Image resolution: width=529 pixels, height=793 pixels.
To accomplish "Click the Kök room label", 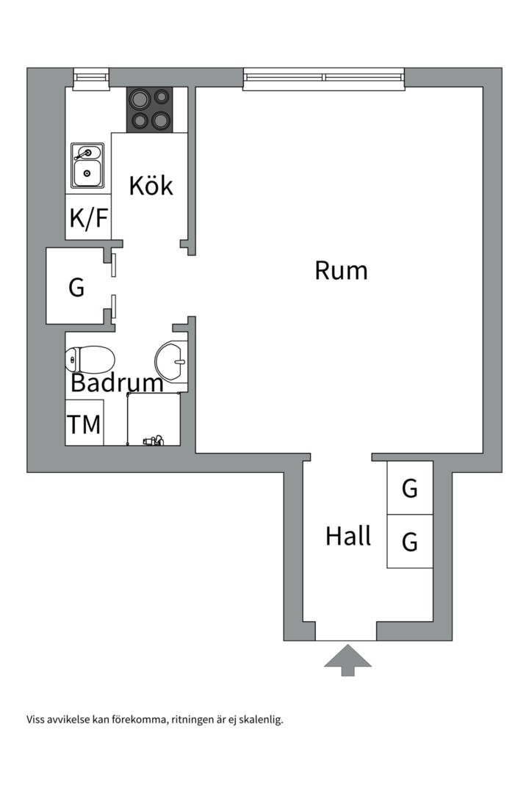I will pos(151,185).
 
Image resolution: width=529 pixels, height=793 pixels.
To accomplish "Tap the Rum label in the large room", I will pos(341,270).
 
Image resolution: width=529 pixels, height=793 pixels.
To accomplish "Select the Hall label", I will pos(348,536).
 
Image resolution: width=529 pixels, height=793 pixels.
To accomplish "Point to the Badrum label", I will pos(117,383).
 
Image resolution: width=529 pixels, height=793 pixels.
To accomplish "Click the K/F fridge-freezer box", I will pos(88,217).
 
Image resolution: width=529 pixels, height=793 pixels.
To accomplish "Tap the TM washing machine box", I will pos(84,424).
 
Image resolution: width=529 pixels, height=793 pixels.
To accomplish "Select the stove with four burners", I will pos(150,110).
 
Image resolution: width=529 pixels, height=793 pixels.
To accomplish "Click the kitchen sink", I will pos(87,165).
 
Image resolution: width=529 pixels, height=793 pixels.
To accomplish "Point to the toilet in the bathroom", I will pos(90,360).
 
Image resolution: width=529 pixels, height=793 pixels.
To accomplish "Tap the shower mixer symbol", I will pos(152,440).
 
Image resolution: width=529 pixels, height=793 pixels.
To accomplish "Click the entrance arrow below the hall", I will pos(348,659).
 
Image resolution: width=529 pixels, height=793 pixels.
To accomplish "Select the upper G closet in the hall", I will pos(410,488).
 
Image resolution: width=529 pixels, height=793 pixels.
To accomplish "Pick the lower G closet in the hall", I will pos(410,541).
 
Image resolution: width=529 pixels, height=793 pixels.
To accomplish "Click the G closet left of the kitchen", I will pos(76,287).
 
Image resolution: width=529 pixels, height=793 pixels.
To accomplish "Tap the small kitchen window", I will pos(91,77).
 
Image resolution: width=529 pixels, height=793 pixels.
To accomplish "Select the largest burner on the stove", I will pos(139,100).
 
